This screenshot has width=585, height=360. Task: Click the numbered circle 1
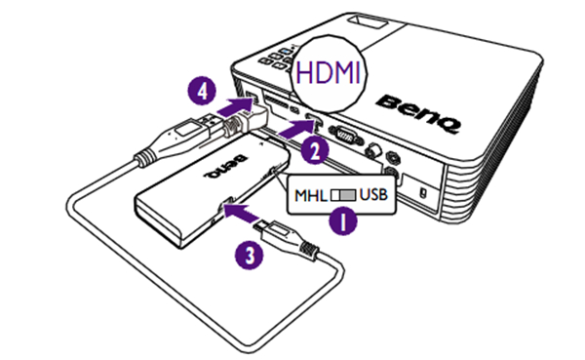[x=342, y=221]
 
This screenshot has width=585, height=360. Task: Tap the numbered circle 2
[x=315, y=150]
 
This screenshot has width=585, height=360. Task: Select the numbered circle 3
[x=250, y=256]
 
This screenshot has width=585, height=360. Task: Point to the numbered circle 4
[x=202, y=91]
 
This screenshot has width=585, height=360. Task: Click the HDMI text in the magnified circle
[x=329, y=72]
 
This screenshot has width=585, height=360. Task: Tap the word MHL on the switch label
[x=311, y=195]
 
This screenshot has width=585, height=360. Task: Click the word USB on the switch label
[x=373, y=194]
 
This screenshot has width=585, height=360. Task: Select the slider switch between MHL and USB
[x=343, y=195]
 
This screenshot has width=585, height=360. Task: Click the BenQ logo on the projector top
[x=418, y=113]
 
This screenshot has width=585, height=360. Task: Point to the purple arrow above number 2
[x=298, y=128]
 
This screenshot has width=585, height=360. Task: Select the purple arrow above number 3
[x=243, y=214]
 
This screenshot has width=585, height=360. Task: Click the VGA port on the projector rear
[x=346, y=136]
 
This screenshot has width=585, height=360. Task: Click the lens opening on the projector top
[x=368, y=21]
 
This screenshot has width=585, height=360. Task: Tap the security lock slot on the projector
[x=422, y=193]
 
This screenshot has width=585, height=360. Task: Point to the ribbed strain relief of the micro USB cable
[x=309, y=249]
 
